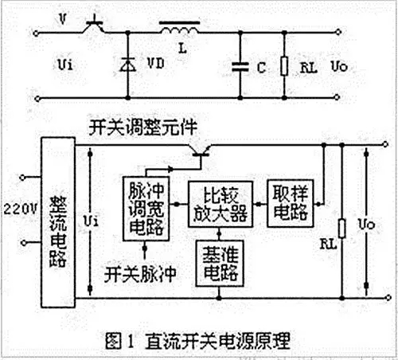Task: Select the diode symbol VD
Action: click(x=127, y=65)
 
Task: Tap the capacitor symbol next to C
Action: click(x=240, y=67)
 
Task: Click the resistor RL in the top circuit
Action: click(x=284, y=66)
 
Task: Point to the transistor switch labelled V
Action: click(x=94, y=26)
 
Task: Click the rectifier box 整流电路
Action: click(x=58, y=222)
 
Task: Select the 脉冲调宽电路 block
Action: click(x=146, y=209)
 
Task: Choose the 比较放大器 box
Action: click(x=220, y=204)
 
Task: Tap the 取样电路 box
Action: click(x=291, y=203)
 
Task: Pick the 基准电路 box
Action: click(x=220, y=264)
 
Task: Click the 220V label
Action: click(x=20, y=209)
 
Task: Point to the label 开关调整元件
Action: click(x=142, y=128)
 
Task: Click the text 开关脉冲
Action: click(x=140, y=275)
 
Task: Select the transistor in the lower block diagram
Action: click(x=201, y=151)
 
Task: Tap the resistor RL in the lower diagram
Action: click(x=342, y=229)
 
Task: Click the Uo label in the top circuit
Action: click(x=339, y=66)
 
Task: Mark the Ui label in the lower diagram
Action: click(x=91, y=221)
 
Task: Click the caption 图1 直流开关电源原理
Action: click(x=197, y=341)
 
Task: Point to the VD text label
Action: click(x=156, y=64)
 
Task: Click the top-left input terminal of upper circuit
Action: click(x=36, y=33)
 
